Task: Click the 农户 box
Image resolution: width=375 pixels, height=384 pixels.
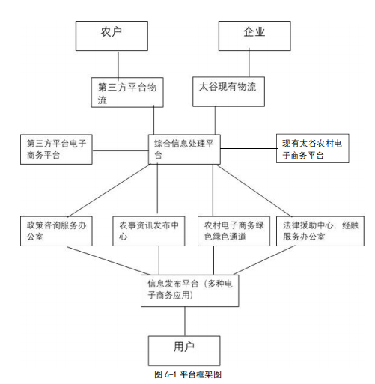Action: click(x=112, y=36)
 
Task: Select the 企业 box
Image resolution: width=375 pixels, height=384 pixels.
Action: click(x=254, y=36)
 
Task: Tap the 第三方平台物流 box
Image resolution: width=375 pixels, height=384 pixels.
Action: click(x=127, y=92)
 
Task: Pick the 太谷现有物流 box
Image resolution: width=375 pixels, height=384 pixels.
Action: click(x=228, y=91)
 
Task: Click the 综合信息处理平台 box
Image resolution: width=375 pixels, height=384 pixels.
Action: click(x=184, y=150)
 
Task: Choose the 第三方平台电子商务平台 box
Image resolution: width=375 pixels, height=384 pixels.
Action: click(x=56, y=150)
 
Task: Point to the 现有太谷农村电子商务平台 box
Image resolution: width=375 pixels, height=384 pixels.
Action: click(x=313, y=148)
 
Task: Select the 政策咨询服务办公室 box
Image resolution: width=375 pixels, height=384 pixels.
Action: click(x=56, y=231)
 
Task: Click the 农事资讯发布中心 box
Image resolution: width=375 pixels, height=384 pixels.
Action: click(x=149, y=231)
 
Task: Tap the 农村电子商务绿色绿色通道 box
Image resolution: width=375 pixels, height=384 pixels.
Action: click(x=234, y=231)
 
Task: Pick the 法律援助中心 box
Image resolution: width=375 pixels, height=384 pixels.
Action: click(x=320, y=231)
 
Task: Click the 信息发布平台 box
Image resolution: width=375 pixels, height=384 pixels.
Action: click(x=190, y=290)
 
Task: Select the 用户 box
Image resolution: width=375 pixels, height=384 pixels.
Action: click(x=184, y=351)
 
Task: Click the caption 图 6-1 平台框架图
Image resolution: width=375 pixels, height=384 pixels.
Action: click(x=188, y=374)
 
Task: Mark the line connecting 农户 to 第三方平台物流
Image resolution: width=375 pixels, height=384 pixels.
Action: click(x=118, y=64)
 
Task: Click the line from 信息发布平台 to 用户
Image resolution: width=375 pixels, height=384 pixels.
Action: click(x=185, y=321)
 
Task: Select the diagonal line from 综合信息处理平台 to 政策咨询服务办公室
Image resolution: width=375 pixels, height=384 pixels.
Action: click(x=109, y=190)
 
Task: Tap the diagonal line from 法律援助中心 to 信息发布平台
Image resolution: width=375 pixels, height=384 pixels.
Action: click(x=263, y=260)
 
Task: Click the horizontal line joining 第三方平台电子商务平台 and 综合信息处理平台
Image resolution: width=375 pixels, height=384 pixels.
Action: click(x=121, y=150)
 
